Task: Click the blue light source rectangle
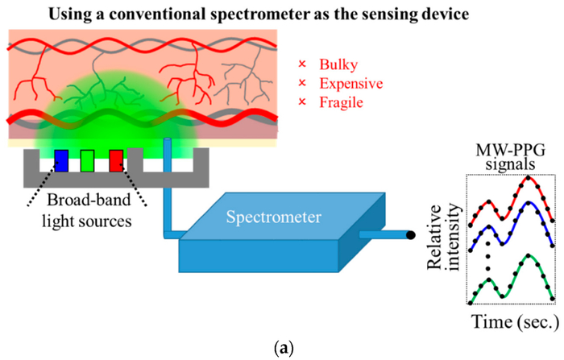61,160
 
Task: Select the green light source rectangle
88,160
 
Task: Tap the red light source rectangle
115,160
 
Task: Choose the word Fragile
342,103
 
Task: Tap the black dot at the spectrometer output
410,235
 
